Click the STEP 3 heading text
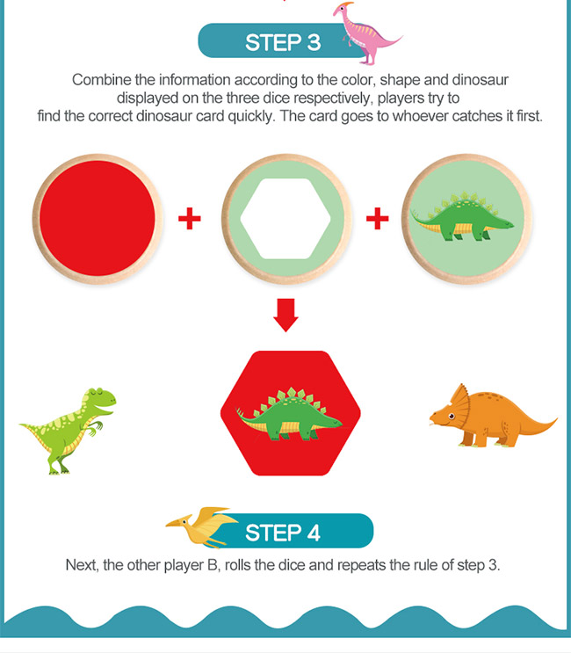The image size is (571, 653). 283,42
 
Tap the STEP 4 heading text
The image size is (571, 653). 283,533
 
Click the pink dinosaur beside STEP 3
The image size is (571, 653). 365,33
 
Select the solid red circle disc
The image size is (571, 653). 98,219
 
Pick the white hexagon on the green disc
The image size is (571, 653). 285,219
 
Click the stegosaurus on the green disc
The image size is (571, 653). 462,216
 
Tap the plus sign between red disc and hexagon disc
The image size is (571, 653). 190,219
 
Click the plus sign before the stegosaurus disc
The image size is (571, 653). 378,219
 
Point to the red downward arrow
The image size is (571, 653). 285,315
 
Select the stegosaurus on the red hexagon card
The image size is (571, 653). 289,414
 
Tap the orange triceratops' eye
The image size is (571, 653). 452,416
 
